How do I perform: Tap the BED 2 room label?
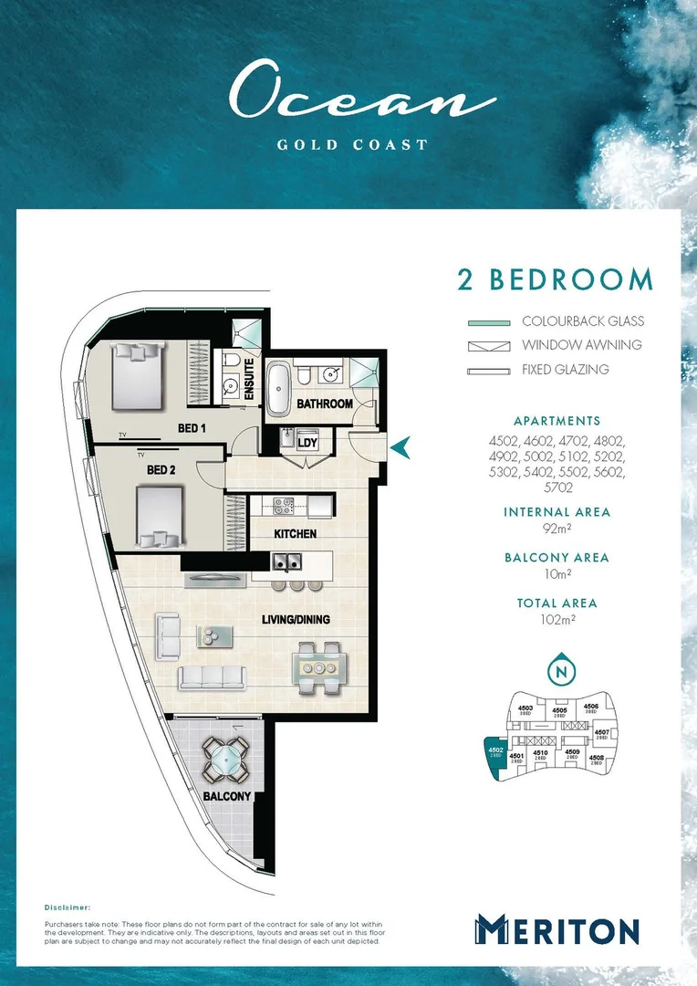point(161,470)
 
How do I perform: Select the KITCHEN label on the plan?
point(296,533)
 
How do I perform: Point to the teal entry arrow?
point(401,446)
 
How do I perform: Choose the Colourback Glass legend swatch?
point(488,321)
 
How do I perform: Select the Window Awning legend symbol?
point(488,346)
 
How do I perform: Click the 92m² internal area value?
point(556,529)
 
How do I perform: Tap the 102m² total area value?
point(556,620)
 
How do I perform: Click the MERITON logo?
point(556,930)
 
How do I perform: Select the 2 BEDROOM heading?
point(555,280)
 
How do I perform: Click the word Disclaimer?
point(68,908)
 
